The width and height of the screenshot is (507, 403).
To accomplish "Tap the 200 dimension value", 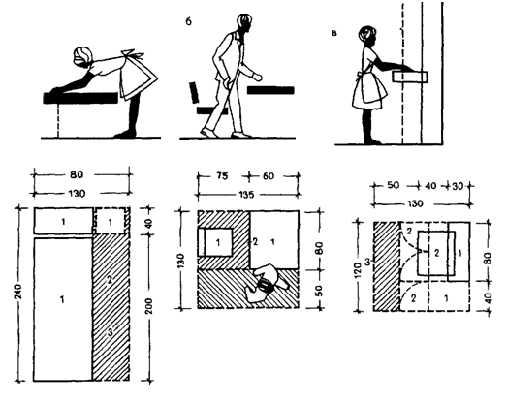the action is coord(149,306).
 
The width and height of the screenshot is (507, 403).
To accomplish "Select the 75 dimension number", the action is coord(221,175).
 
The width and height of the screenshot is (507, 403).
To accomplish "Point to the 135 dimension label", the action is coord(246,195).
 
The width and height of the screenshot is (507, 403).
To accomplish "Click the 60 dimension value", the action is coord(269,176).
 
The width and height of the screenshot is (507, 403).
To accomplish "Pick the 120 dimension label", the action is coord(358,270).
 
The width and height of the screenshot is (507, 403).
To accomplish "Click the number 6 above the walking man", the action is coord(188,21).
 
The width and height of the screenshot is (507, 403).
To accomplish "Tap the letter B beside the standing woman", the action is coord(334,33).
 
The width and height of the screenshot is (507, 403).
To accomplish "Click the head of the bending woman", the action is coord(82,57).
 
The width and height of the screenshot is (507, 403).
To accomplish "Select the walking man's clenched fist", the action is coord(258,77).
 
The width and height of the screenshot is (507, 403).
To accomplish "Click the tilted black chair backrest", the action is coord(194,92).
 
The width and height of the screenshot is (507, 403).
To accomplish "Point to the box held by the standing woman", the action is coord(410,77).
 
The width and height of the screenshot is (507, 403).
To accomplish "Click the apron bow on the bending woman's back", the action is coord(132,54).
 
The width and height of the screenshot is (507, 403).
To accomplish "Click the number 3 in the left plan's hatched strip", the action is coord(111,332).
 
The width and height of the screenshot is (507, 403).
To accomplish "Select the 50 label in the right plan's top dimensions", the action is coord(394,185).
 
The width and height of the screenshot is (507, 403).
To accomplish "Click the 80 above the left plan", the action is coord(77,174).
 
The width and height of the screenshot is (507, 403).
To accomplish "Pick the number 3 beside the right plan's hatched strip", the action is coord(367,262).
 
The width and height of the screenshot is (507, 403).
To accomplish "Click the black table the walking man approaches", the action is coord(270,90).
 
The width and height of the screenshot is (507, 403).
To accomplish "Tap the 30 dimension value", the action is coord(458,186).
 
